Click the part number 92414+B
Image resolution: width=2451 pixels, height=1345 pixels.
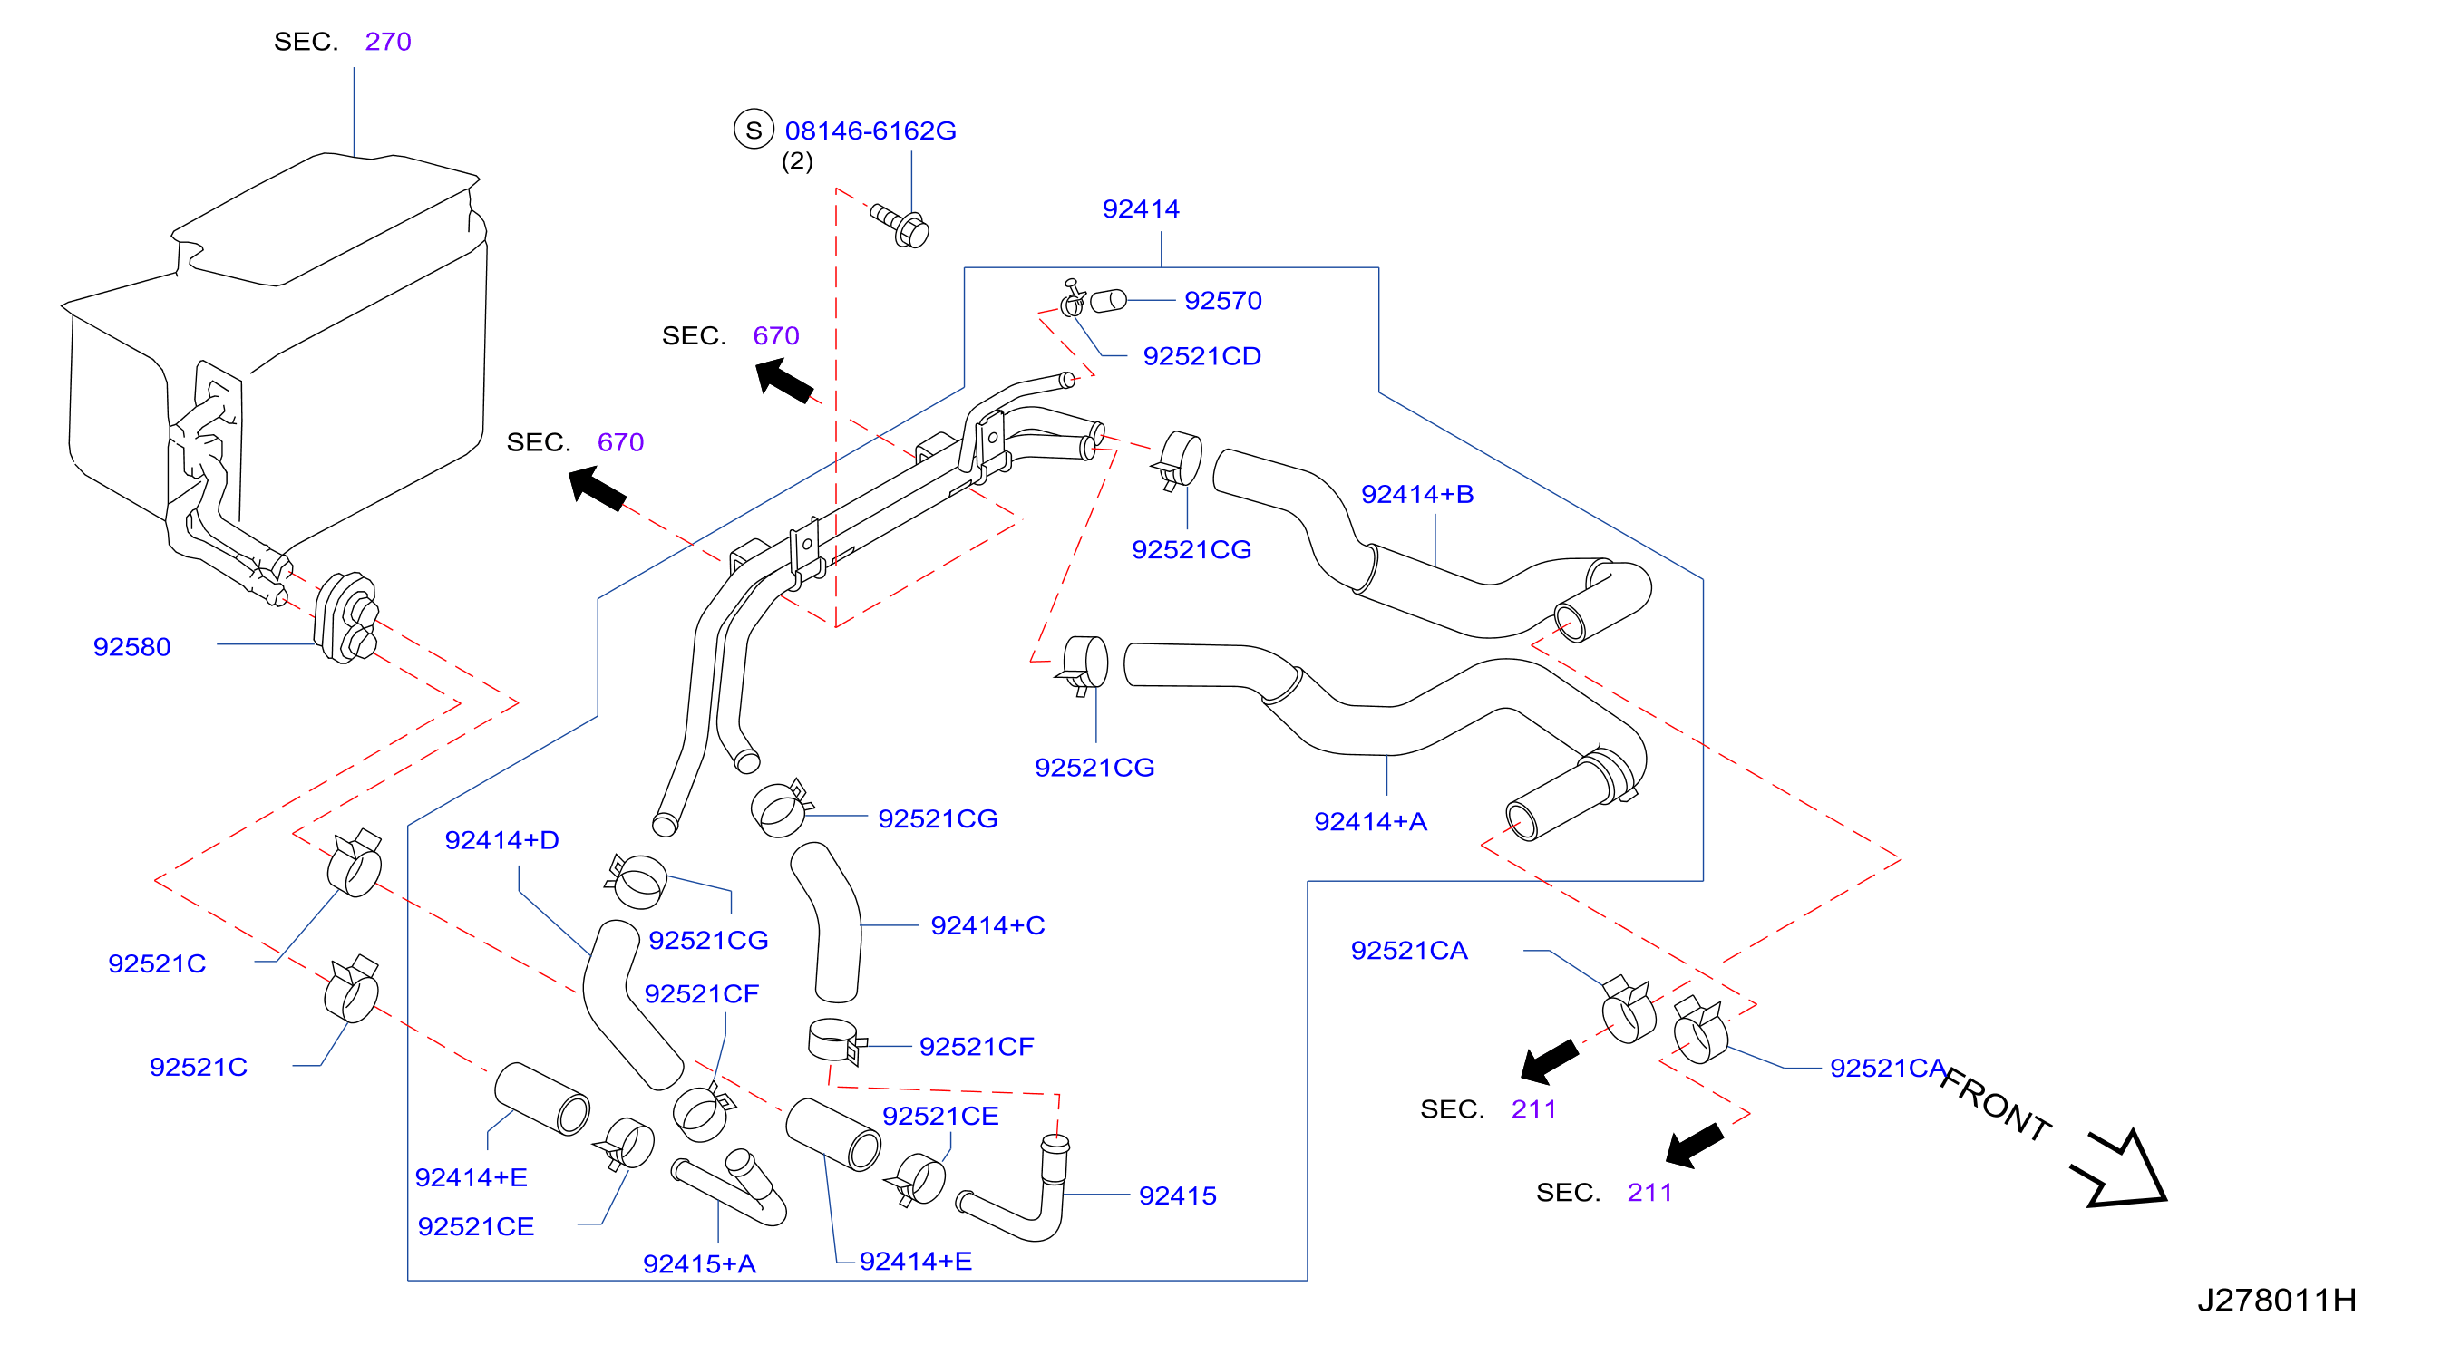[x=1416, y=495]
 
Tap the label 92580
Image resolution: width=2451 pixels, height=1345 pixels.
[x=131, y=647]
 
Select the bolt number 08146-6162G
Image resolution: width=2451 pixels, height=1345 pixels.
[x=870, y=131]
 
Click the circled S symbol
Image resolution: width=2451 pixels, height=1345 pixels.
[x=754, y=130]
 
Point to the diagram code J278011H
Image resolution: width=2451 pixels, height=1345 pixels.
[x=2277, y=1300]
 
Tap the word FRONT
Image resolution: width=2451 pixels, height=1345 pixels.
[x=1996, y=1103]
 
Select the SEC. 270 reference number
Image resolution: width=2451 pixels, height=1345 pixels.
[x=388, y=42]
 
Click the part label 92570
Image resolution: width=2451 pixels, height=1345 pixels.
[x=1222, y=301]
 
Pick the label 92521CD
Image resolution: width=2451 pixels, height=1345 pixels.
[x=1201, y=356]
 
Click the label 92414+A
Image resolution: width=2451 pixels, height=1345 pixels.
[x=1370, y=822]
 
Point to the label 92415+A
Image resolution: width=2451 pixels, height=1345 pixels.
[x=699, y=1264]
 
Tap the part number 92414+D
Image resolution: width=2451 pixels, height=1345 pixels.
[x=501, y=840]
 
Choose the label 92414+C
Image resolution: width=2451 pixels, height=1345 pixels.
[x=987, y=925]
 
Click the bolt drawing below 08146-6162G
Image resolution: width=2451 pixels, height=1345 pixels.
[x=900, y=227]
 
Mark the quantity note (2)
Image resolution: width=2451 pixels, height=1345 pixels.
[x=797, y=160]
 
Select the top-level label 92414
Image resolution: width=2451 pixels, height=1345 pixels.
[x=1141, y=209]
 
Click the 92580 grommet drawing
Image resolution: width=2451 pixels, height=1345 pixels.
[x=346, y=618]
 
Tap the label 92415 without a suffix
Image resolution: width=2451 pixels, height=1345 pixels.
[x=1177, y=1195]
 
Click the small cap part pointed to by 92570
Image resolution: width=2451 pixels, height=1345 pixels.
[x=1107, y=302]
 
